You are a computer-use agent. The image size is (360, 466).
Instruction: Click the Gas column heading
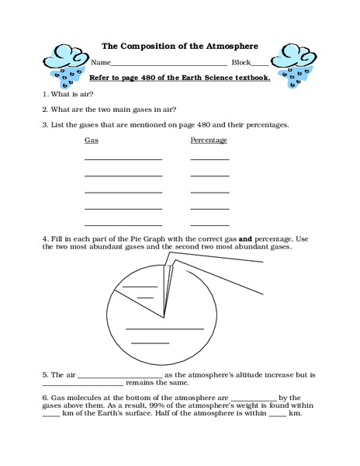coord(91,141)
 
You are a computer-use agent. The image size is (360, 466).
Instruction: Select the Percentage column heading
coord(209,141)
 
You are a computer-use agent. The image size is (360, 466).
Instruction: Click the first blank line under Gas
coord(123,159)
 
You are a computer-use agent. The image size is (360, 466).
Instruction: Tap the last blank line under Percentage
coord(209,224)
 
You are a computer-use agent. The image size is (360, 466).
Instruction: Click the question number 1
coord(44,93)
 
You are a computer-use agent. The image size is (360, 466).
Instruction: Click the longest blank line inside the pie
coord(165,329)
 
